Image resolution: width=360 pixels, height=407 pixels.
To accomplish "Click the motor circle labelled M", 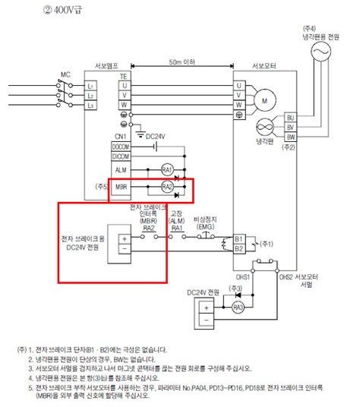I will click(265, 99).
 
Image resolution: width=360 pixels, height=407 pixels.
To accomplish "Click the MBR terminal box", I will click(122, 186).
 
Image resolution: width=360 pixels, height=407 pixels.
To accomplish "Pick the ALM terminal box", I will click(122, 169).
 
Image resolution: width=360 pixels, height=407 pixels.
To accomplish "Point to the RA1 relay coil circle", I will click(168, 169).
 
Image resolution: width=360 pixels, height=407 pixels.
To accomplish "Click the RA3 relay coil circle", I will click(238, 307).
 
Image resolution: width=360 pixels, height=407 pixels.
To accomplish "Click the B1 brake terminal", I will click(238, 238).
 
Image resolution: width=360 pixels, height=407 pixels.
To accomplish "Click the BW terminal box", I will click(289, 137).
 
